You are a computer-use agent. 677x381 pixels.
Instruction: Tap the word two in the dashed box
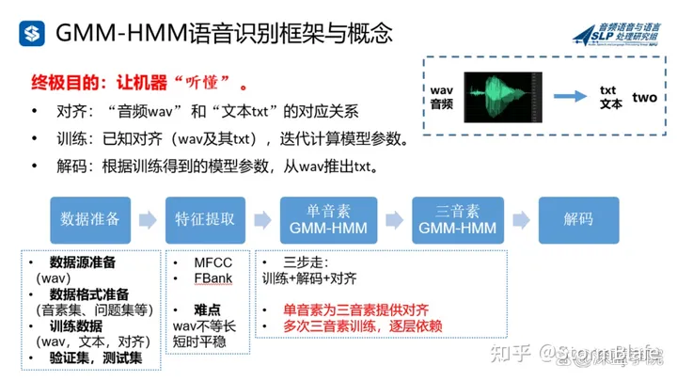644,97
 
